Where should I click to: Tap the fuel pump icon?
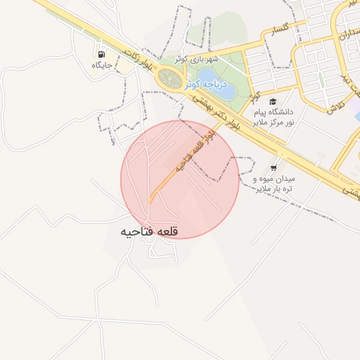point(102,54)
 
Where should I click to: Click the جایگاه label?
point(103,65)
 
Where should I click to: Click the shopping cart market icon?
point(273,168)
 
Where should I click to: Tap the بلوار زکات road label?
point(138,60)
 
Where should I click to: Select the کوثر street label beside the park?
point(255,94)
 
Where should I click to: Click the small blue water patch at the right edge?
point(357,116)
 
